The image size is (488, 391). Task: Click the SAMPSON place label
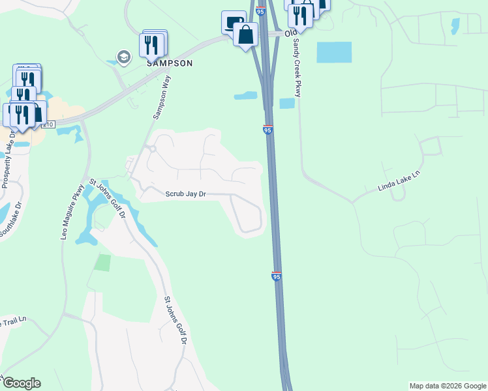tap(169, 63)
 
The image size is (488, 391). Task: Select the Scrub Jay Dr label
tap(185, 194)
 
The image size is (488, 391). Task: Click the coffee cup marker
tap(232, 22)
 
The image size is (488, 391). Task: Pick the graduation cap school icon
tap(123, 57)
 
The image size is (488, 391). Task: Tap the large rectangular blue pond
tap(334, 52)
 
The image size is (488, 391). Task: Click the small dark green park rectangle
tap(102, 263)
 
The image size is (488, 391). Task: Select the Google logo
tap(21, 383)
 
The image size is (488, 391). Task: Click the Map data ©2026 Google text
tap(448, 386)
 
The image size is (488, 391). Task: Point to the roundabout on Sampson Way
tap(151, 149)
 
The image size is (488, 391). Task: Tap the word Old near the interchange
tap(291, 33)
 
